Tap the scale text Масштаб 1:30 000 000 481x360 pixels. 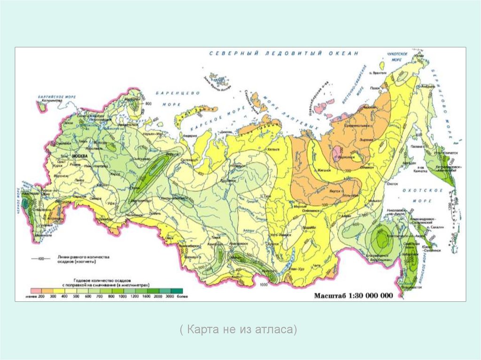point(353,296)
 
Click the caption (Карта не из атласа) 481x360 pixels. point(238,329)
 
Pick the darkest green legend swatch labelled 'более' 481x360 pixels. point(176,291)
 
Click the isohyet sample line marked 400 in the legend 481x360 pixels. point(40,259)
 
